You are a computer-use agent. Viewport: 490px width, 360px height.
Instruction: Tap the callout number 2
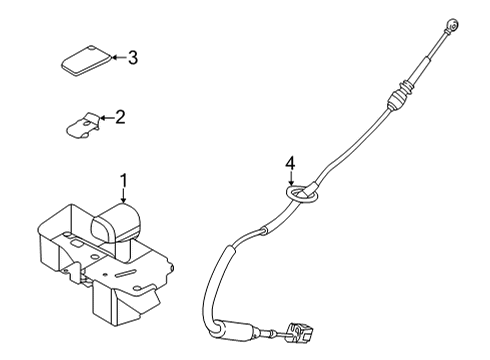[x=120, y=118]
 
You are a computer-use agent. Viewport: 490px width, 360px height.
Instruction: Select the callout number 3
[x=132, y=57]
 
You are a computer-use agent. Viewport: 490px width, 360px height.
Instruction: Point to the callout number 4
[x=290, y=161]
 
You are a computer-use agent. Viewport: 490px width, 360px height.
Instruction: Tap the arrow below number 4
[x=290, y=176]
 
